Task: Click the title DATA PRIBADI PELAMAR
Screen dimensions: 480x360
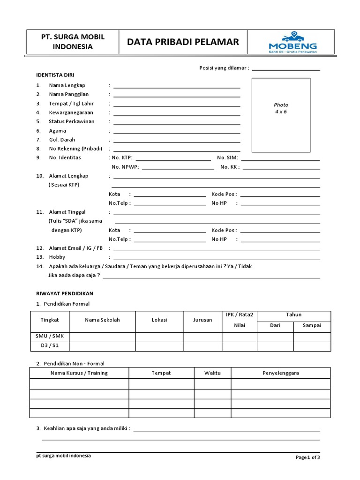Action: point(183,42)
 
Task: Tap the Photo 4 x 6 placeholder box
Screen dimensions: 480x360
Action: point(281,115)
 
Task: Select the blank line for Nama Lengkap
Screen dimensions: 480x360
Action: point(177,86)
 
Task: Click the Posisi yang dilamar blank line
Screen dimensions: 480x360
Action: point(286,69)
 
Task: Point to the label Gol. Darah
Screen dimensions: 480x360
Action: point(62,140)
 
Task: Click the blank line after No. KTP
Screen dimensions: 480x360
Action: point(173,158)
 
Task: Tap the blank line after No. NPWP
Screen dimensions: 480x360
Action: point(178,167)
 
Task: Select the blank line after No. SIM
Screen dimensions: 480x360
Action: point(280,158)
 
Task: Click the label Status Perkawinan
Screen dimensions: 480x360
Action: point(71,121)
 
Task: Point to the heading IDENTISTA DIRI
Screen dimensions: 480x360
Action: point(55,75)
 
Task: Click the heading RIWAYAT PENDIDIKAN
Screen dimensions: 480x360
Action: point(65,293)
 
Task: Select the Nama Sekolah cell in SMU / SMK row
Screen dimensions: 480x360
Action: point(102,336)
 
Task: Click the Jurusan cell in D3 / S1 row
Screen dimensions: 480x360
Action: point(202,346)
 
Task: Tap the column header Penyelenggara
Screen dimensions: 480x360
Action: point(280,373)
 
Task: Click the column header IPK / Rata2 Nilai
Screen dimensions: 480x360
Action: point(239,320)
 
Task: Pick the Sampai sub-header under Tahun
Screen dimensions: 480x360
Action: point(312,326)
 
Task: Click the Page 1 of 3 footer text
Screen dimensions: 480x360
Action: point(307,457)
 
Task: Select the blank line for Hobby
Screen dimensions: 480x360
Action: point(217,258)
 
